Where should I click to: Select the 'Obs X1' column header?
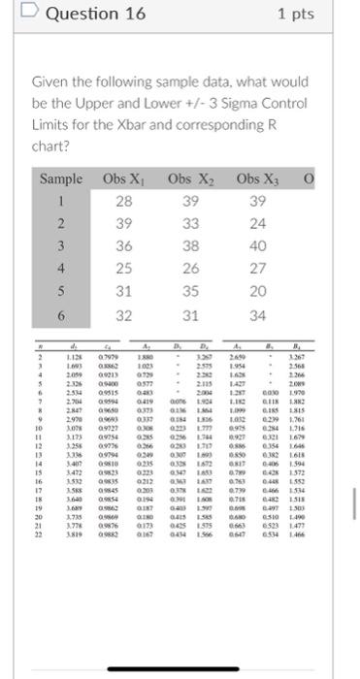point(123,179)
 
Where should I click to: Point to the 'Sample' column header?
point(61,179)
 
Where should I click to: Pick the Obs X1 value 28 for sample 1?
point(123,201)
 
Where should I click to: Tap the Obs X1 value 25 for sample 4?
point(123,269)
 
